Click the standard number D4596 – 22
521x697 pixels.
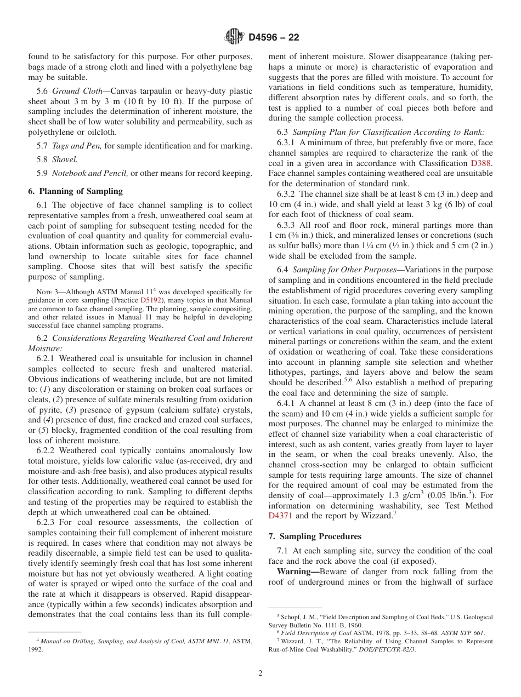274,38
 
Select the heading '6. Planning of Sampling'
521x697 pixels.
75,191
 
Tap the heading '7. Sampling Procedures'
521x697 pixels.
315,536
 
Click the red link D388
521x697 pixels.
482,163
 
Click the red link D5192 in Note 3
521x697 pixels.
151,300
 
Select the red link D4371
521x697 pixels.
281,516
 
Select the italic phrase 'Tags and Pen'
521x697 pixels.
77,146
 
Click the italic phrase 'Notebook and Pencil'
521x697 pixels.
90,173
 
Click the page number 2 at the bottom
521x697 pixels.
260,673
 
